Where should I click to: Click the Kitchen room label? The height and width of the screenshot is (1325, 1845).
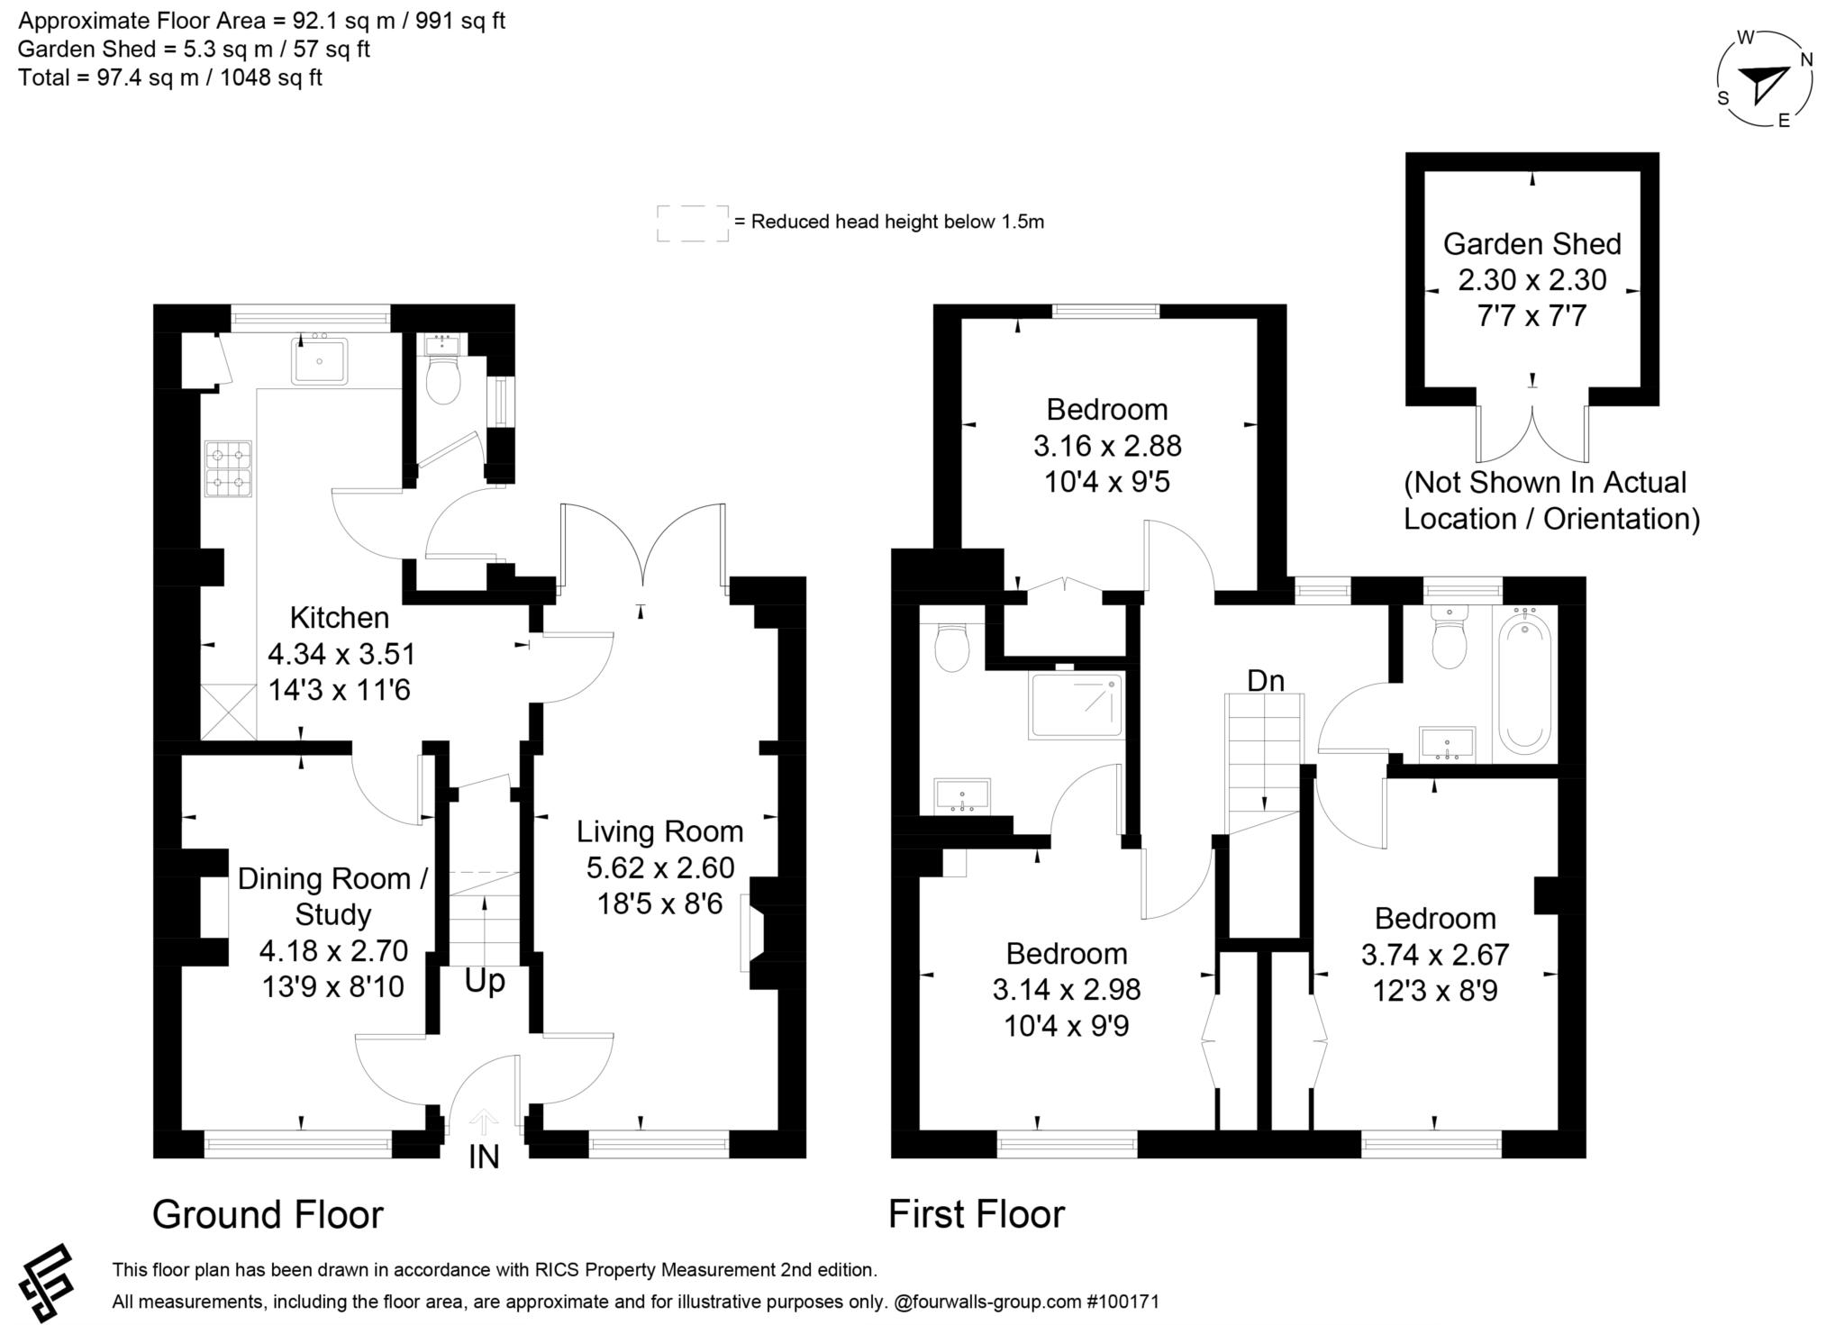pos(340,618)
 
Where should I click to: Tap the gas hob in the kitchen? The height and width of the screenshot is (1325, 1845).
pos(228,468)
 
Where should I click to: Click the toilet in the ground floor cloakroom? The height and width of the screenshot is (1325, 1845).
pos(442,380)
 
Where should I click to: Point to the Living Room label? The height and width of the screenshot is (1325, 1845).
pos(659,831)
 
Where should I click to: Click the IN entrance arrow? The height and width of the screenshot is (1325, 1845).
pos(484,1122)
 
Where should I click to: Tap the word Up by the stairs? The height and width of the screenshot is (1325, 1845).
pos(485,981)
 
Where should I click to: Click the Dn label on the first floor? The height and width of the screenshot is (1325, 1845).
pos(1265,681)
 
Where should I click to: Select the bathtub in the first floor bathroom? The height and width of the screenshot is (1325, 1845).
pos(1524,682)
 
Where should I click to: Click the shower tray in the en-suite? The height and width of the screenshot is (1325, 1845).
pos(1077,705)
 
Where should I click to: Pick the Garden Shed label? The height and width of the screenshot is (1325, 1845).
pos(1531,244)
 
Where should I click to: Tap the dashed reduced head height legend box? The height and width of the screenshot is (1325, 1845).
pos(692,222)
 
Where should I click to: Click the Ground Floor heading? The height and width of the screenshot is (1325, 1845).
pos(268,1214)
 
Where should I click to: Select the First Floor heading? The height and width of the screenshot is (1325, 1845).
pos(977,1214)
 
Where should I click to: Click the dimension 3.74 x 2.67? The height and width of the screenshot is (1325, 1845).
pos(1435,955)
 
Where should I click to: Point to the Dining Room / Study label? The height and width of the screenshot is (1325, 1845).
pos(332,896)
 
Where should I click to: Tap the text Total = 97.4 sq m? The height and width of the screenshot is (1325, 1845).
pos(169,77)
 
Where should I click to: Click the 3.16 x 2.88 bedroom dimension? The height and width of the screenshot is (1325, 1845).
pos(1107,446)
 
